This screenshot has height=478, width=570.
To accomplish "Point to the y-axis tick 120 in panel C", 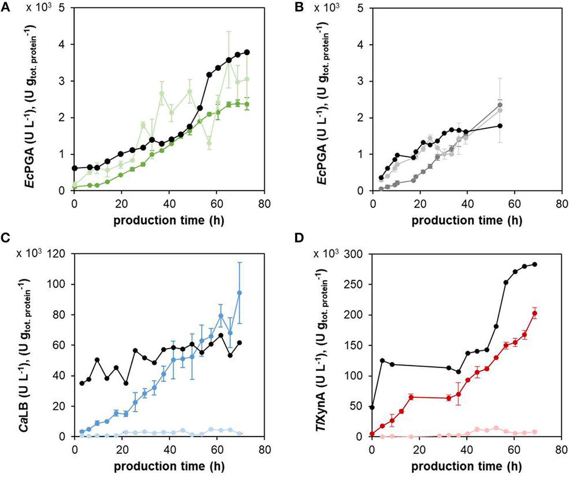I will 58,254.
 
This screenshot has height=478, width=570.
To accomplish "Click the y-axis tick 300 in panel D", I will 356,254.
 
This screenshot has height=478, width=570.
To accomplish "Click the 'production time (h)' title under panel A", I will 169,220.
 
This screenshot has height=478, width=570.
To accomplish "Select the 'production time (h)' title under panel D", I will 466,466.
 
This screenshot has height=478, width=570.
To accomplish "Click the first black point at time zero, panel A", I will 75,168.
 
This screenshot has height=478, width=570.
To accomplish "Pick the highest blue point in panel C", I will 240,293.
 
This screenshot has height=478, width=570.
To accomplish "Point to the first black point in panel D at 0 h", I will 372,407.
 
